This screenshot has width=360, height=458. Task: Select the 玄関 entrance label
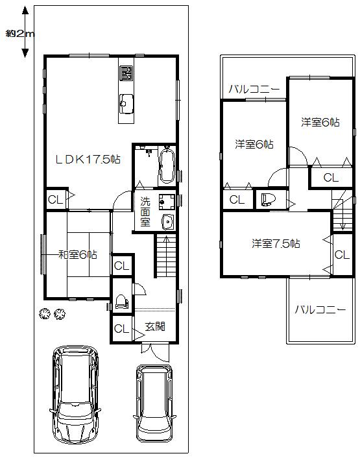click(154, 326)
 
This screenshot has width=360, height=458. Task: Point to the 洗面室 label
click(145, 211)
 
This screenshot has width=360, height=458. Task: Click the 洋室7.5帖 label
click(276, 244)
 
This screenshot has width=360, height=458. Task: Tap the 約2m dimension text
click(20, 33)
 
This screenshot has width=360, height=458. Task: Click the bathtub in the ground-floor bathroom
click(165, 166)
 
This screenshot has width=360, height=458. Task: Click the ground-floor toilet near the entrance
click(121, 302)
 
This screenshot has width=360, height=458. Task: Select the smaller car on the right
click(154, 403)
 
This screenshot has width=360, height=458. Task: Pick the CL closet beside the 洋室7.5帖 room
click(342, 254)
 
